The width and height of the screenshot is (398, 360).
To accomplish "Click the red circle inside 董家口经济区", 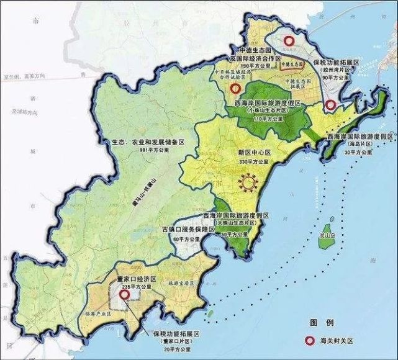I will tap(124, 296).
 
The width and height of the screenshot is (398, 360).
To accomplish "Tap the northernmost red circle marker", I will tap(288, 41).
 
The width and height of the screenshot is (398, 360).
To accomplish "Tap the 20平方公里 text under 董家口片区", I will tap(176, 349).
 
